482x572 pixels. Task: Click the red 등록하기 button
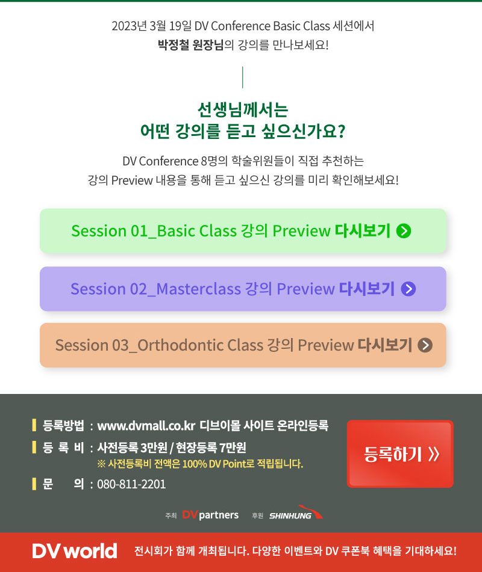point(400,454)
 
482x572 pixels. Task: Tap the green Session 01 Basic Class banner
point(243,231)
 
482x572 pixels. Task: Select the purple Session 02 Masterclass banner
point(243,289)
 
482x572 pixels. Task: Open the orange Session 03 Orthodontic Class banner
point(243,345)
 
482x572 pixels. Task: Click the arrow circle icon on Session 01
point(404,231)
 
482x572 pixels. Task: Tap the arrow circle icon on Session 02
point(408,289)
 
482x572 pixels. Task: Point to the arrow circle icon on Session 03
point(425,345)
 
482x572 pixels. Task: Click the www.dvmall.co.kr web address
point(146,426)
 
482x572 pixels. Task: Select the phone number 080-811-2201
point(131,484)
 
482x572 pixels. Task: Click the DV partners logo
point(210,515)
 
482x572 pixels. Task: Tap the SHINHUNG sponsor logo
point(296,512)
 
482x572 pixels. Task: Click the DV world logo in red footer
point(75,551)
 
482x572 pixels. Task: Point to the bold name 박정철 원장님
point(190,45)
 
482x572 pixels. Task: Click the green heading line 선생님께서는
point(243,109)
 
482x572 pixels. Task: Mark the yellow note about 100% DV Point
point(200,464)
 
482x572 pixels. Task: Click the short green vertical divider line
point(243,78)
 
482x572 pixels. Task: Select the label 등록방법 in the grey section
point(63,425)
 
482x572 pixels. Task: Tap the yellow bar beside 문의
point(34,484)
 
